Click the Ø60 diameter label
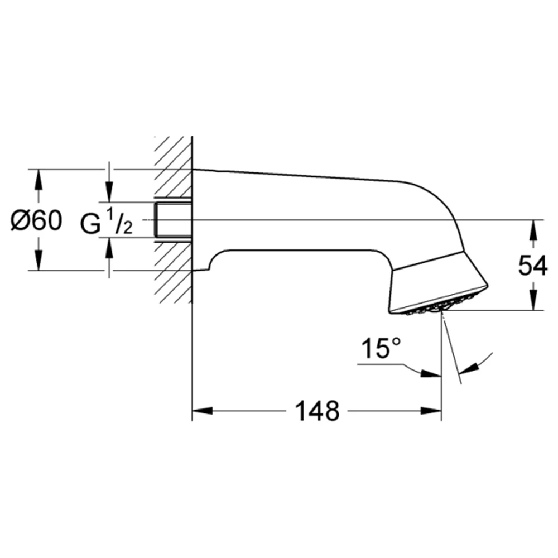[x=36, y=220]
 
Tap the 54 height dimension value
[x=533, y=266]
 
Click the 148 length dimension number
[x=318, y=411]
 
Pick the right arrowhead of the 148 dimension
[x=431, y=411]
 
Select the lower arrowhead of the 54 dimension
[x=533, y=300]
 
